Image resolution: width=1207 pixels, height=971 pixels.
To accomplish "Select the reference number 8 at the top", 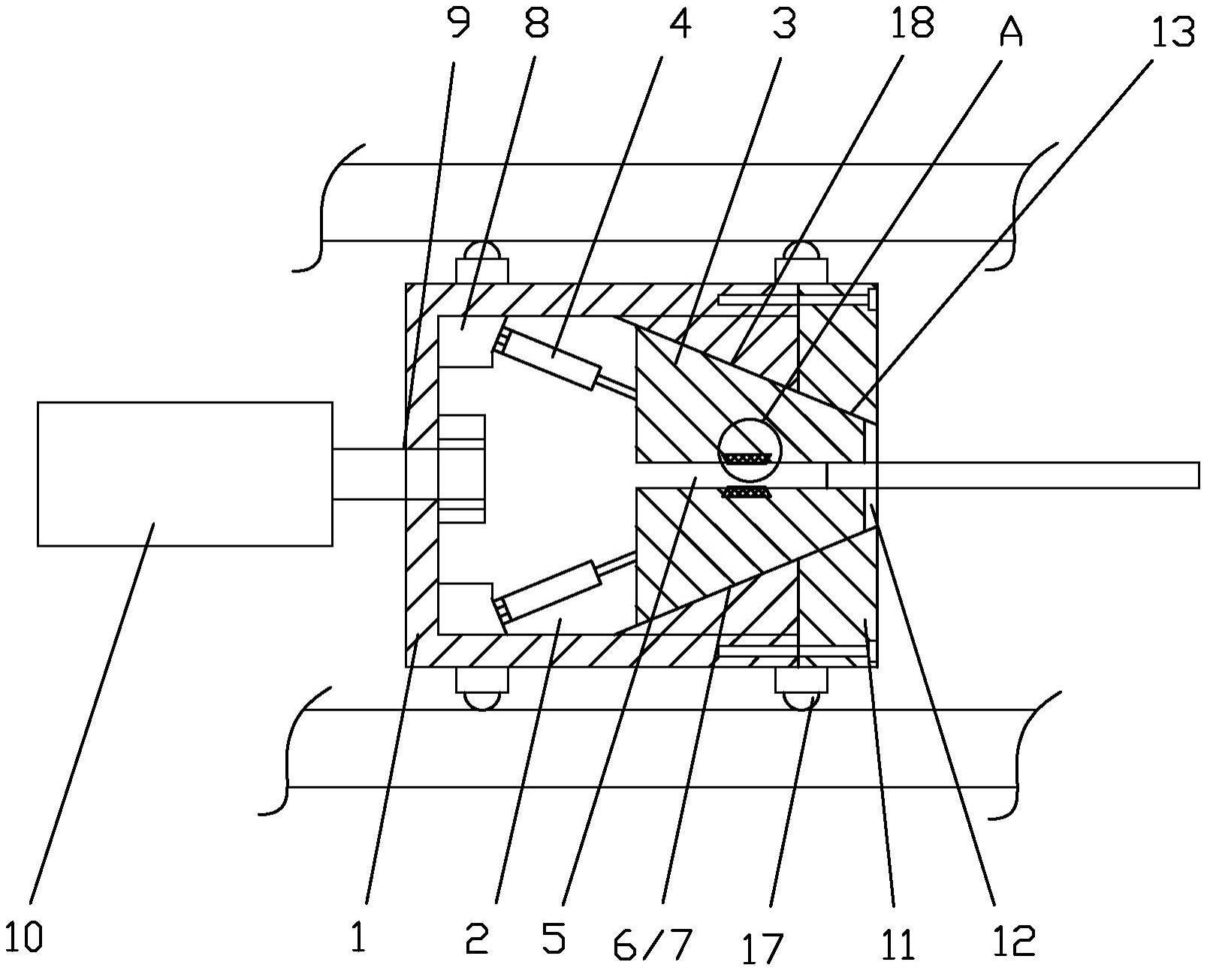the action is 537,23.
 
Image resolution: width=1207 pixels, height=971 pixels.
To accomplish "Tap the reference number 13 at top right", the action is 1174,32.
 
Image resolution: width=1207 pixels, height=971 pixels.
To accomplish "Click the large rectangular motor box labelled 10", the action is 185,474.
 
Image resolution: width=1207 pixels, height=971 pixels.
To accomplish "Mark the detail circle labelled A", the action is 750,451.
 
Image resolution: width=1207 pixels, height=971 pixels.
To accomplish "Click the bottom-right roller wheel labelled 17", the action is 801,689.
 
